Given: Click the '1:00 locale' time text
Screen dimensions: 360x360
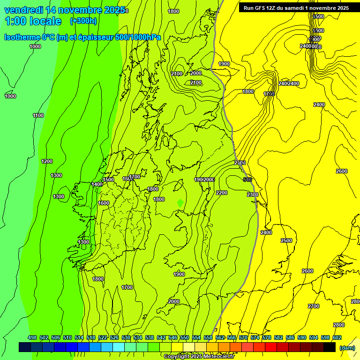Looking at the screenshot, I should click(33, 21).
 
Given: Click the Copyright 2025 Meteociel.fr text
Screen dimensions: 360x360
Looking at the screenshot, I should click(199, 356).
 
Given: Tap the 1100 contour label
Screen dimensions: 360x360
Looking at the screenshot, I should click(38, 115).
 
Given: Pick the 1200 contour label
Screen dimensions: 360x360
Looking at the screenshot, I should click(47, 161).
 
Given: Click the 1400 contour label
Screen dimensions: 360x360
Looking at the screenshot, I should click(97, 184).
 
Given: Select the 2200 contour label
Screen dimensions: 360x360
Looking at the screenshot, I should click(222, 193).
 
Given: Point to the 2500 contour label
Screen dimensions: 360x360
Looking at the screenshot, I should click(286, 240).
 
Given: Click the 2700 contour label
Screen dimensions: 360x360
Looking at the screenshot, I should click(314, 306).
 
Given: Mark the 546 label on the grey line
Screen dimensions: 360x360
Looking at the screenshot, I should click(248, 180).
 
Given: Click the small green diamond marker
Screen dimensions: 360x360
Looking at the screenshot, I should click(180, 202).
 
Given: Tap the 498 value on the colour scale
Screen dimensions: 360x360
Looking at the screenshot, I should click(32, 337).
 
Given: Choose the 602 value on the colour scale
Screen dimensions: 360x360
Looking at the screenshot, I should click(337, 337).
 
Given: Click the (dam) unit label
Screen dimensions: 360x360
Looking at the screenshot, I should click(346, 347).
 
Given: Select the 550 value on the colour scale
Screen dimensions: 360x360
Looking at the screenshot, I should click(185, 337).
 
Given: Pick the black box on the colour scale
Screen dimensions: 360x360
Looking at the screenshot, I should click(330, 347).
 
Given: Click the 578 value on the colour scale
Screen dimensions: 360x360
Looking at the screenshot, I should click(267, 337).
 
